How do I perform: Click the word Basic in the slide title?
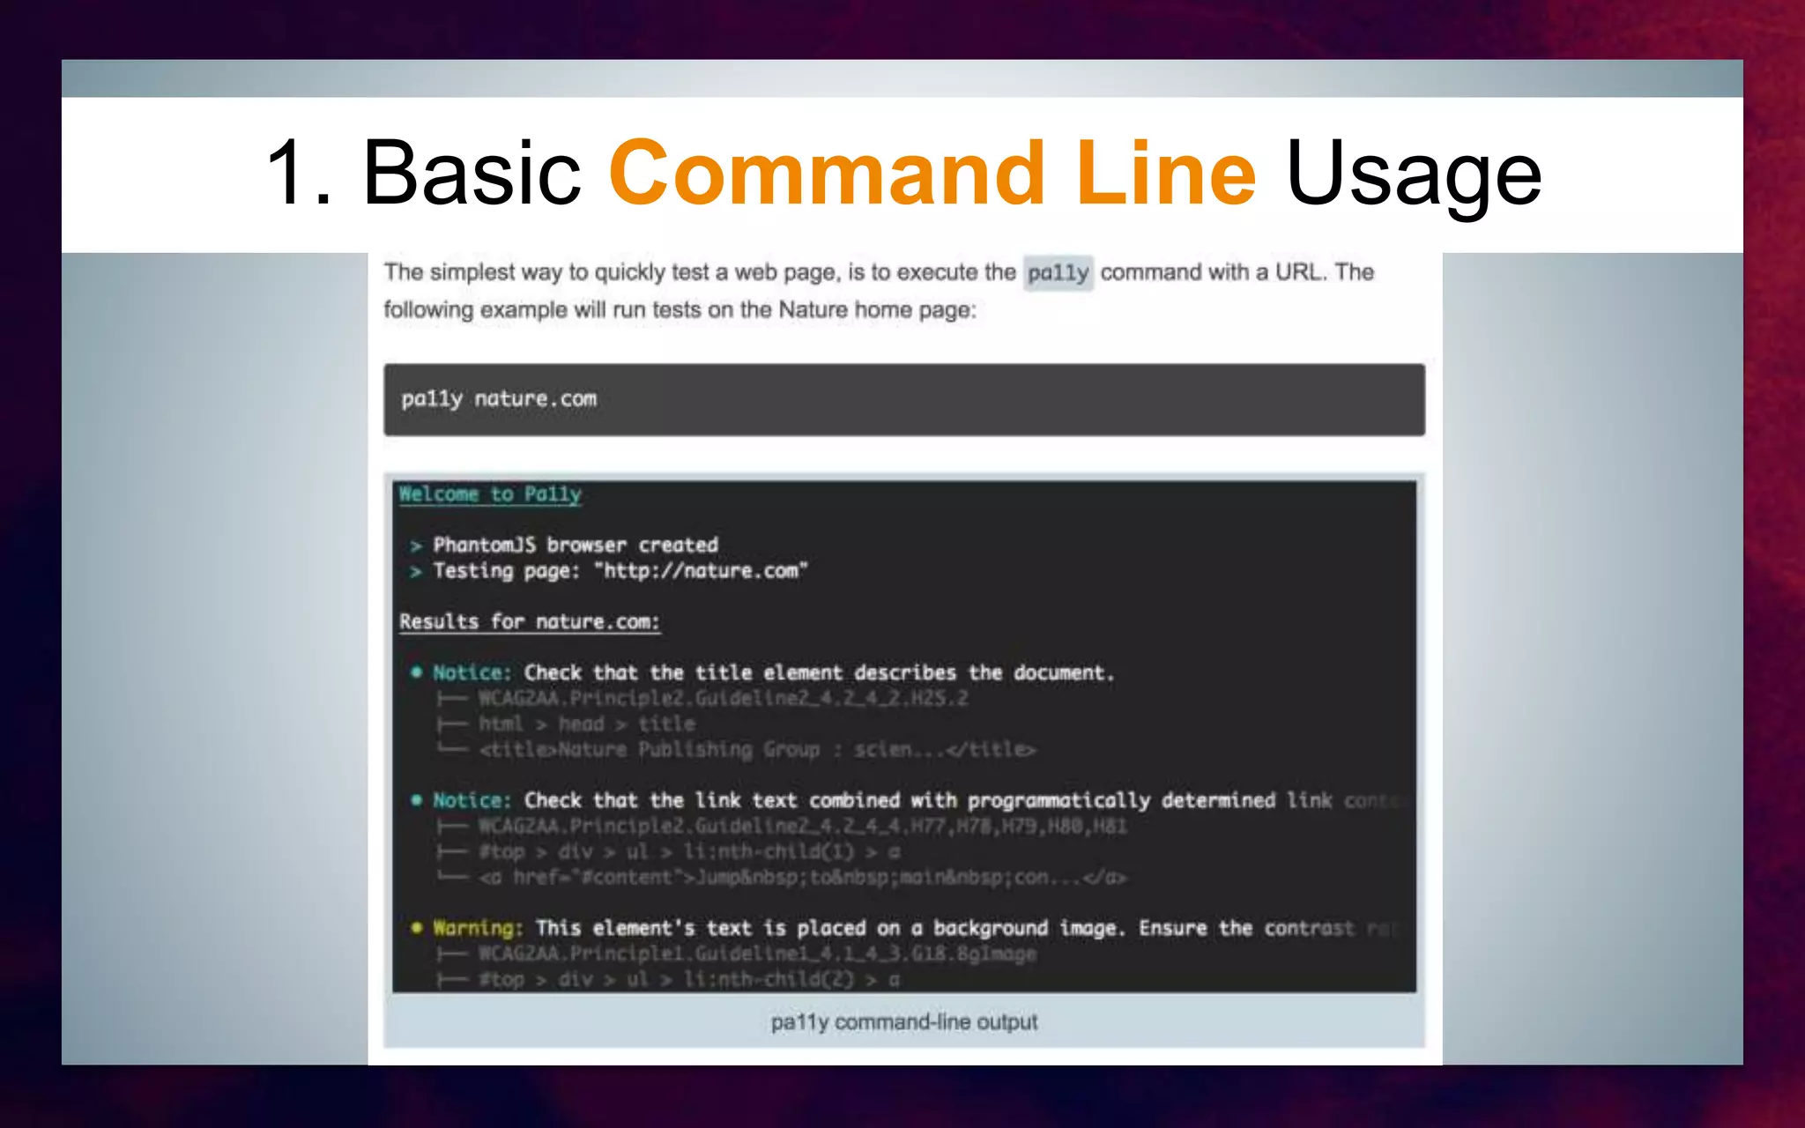coord(472,174)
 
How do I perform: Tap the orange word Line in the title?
coord(1165,174)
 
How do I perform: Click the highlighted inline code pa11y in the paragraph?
coord(1058,273)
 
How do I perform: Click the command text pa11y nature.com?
coord(499,399)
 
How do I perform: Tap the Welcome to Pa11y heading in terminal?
coord(490,494)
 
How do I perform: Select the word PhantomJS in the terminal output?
coord(484,545)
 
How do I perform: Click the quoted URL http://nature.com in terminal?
coord(701,571)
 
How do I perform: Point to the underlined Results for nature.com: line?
coord(529,622)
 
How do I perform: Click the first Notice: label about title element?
coord(472,673)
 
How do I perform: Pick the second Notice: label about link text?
coord(472,801)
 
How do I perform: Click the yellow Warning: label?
coord(478,929)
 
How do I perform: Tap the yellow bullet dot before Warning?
coord(416,928)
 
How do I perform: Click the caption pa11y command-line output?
coord(903,1022)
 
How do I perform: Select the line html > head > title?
coord(587,724)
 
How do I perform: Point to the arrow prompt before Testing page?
coord(416,572)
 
